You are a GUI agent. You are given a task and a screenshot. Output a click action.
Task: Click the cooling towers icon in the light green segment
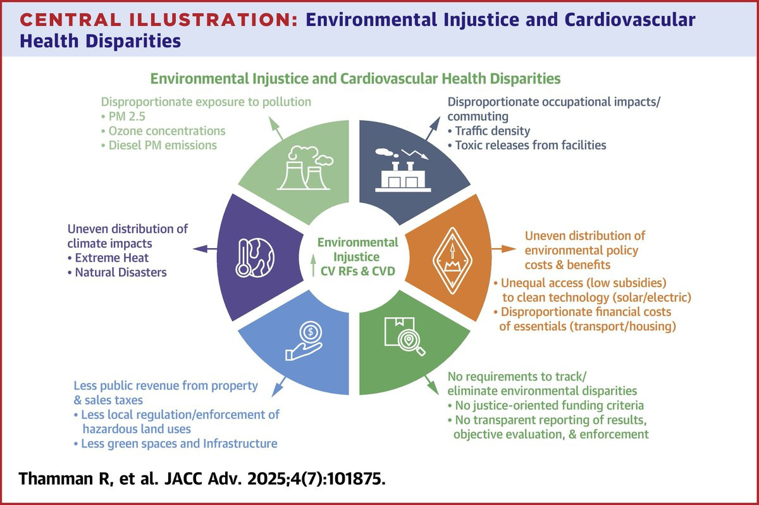[x=305, y=168]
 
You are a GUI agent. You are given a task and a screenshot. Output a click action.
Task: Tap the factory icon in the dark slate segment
[x=402, y=170]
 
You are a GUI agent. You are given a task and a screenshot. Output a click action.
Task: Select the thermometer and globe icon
[x=255, y=258]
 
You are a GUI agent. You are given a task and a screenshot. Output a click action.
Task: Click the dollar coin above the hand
[x=311, y=332]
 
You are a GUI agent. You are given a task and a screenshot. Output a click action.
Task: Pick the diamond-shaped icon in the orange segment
[x=452, y=260]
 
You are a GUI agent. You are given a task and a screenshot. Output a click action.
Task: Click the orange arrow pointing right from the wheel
[x=503, y=249]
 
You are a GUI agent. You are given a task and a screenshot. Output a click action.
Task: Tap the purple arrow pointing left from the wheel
[x=205, y=249]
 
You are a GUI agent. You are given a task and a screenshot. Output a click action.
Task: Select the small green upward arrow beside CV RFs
[x=313, y=265]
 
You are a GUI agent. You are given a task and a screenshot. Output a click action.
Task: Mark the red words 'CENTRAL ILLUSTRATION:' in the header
[x=159, y=20]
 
